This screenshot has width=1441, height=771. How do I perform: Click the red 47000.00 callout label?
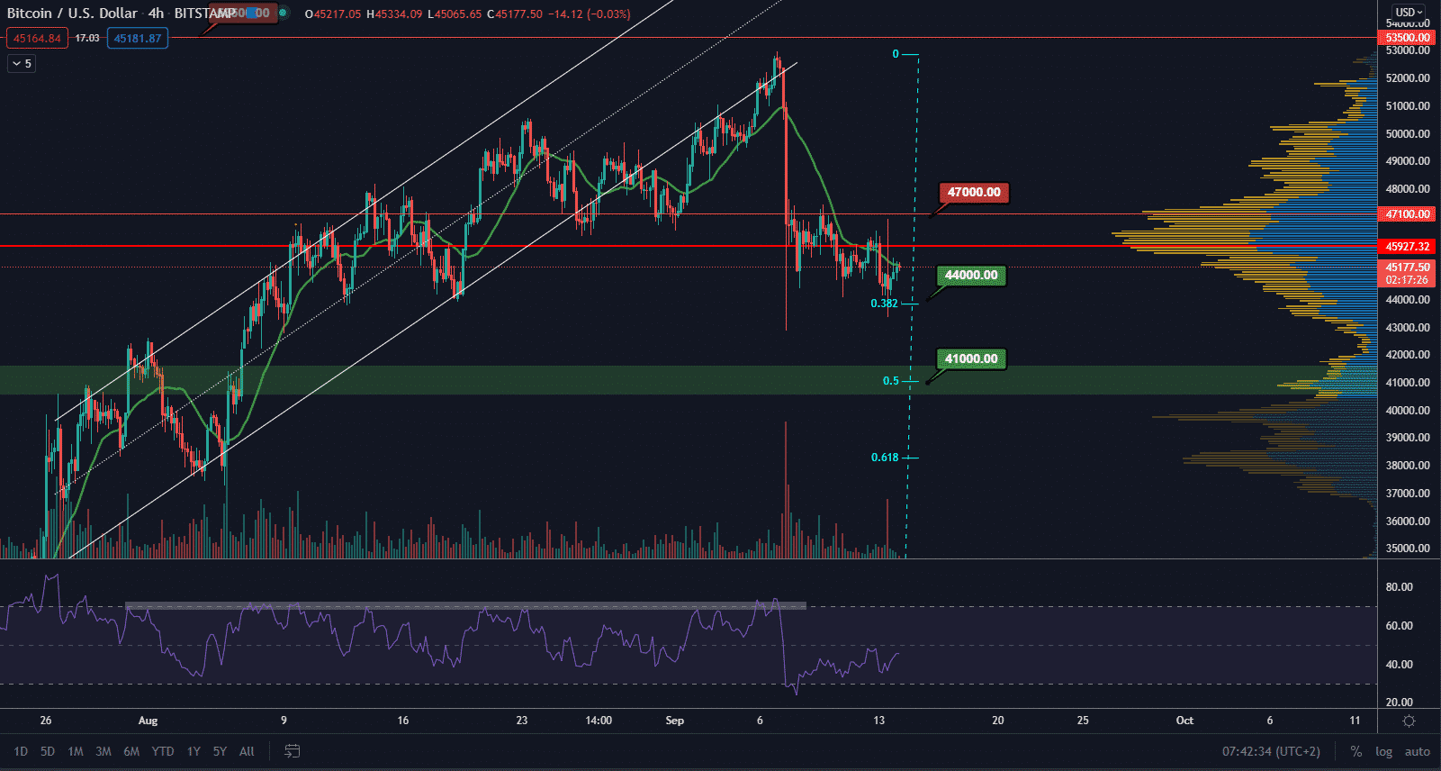click(974, 192)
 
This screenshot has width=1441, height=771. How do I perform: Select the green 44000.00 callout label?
click(971, 276)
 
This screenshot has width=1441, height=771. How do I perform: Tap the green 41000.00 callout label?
click(971, 358)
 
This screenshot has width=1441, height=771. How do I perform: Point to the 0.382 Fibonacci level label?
click(884, 304)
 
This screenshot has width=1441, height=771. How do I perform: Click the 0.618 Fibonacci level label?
click(884, 458)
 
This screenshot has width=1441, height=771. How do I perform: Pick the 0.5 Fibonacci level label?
click(890, 381)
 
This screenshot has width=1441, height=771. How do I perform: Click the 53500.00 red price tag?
click(1407, 38)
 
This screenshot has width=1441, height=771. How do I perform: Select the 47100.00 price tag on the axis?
click(1407, 214)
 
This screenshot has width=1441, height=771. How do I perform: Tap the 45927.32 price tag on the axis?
click(1407, 246)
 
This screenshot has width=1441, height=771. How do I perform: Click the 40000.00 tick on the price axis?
click(1408, 410)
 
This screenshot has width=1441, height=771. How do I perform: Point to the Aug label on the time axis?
click(148, 721)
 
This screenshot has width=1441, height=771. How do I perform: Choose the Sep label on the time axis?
click(674, 721)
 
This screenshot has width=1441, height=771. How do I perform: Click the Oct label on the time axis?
click(1184, 721)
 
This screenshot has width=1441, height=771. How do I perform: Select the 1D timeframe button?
click(21, 751)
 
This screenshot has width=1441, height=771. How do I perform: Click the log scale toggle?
click(1383, 751)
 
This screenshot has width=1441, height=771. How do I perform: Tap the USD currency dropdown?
click(1409, 13)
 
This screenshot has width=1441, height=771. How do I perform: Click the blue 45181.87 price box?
click(138, 39)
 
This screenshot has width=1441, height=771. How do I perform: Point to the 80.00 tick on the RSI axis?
click(1399, 587)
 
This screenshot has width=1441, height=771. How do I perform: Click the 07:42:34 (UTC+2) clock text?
click(1271, 751)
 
